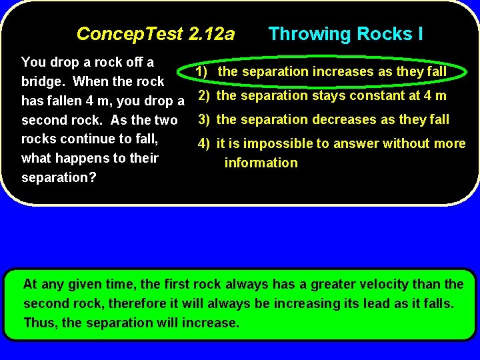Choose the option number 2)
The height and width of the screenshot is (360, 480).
click(x=203, y=95)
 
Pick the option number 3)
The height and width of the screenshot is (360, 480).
click(x=203, y=119)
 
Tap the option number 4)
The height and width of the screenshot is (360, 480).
click(x=203, y=143)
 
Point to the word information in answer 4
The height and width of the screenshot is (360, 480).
click(x=261, y=163)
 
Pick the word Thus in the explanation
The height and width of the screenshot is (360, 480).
click(x=39, y=323)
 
